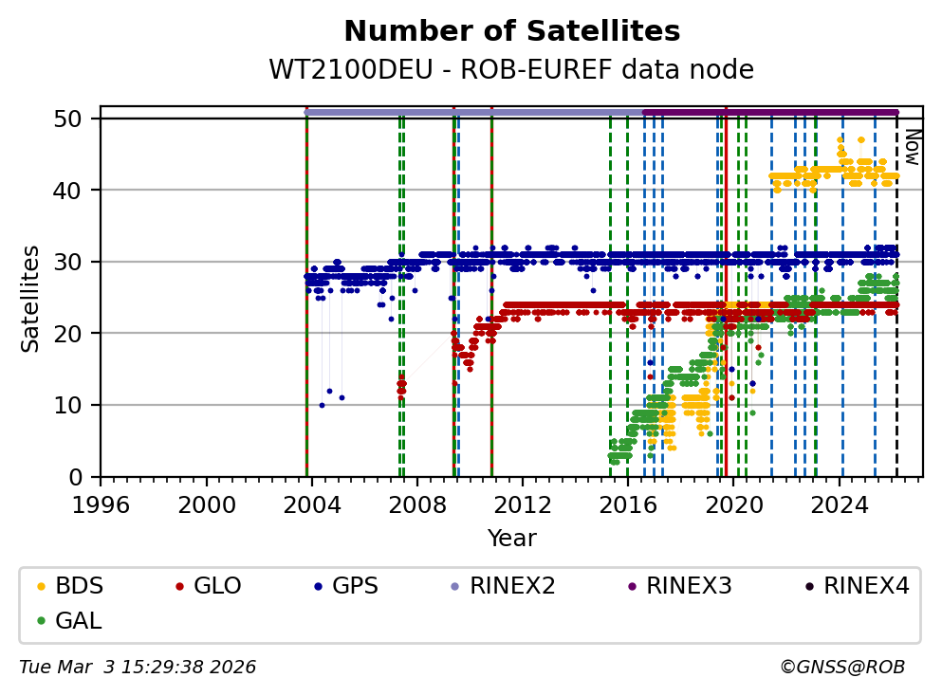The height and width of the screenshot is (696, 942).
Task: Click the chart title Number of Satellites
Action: click(511, 31)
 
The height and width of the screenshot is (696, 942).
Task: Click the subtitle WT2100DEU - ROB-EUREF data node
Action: click(511, 70)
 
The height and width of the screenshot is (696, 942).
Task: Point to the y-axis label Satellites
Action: click(31, 298)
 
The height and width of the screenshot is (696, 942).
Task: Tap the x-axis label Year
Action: click(511, 539)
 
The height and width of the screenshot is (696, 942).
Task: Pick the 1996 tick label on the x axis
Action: click(102, 504)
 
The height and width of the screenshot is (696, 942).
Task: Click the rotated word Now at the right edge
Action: click(912, 147)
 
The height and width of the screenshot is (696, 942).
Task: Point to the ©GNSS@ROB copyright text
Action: click(841, 668)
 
